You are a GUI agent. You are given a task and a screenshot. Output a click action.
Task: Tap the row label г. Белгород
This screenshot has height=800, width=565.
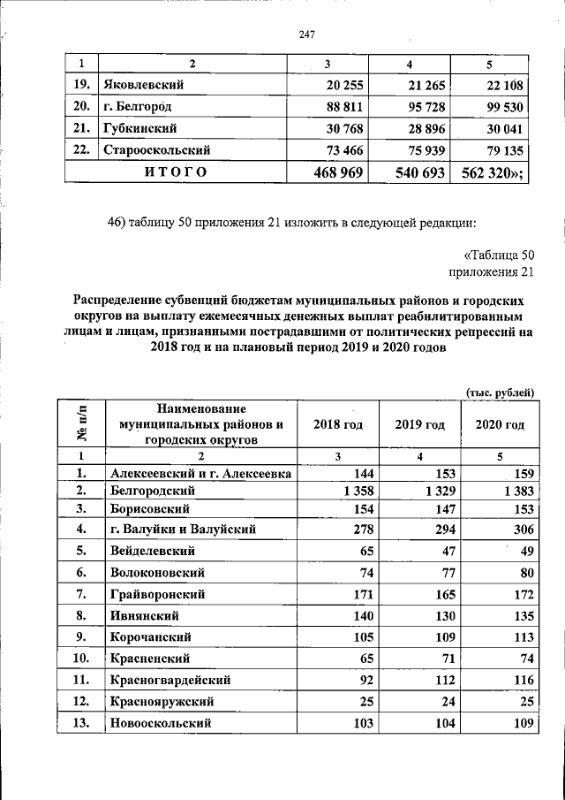[x=136, y=106]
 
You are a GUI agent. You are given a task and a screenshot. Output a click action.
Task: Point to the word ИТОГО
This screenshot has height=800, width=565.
[x=176, y=172]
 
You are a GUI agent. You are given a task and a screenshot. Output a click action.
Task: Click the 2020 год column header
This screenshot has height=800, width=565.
[x=500, y=424]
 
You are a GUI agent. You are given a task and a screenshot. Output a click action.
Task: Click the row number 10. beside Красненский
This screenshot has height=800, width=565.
[x=81, y=659]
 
